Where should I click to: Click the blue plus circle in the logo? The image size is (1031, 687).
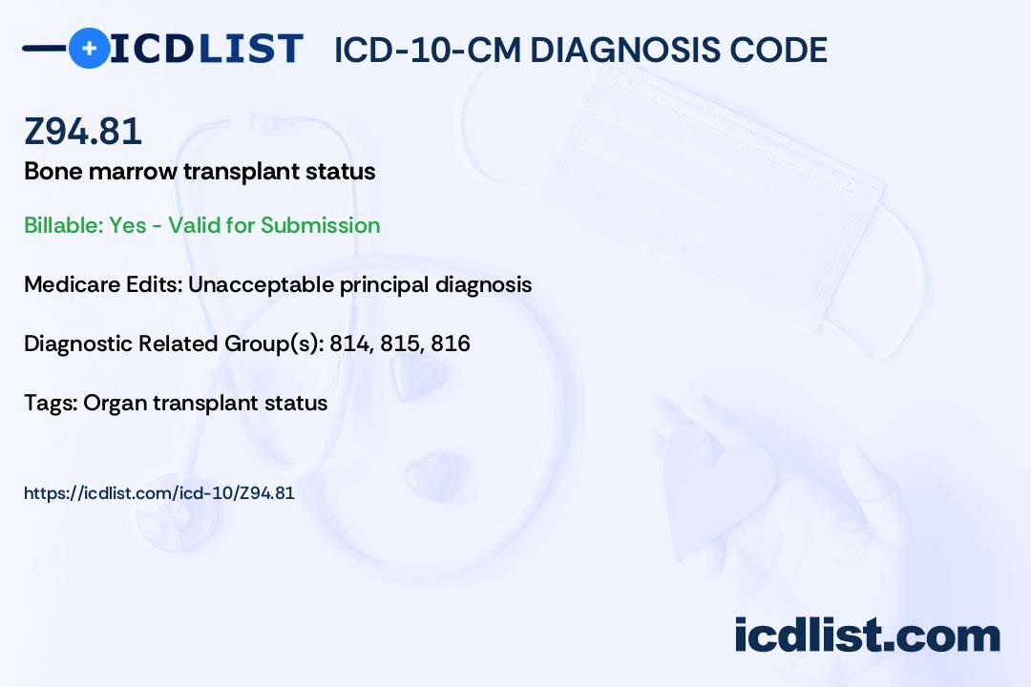coord(90,48)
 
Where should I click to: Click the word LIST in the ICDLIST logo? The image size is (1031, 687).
coord(250,49)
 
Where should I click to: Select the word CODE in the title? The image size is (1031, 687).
coord(779,50)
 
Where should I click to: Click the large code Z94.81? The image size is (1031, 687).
coord(83,131)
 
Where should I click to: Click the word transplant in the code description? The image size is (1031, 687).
coord(242,172)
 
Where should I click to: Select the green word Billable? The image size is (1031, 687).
coord(63,225)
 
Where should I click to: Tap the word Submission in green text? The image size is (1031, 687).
coord(320,225)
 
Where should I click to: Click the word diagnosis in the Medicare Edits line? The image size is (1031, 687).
coord(483,284)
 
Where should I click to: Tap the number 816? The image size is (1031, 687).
coord(451,343)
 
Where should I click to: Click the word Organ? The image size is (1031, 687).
coord(116,404)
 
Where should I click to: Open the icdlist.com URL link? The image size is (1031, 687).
coord(159,493)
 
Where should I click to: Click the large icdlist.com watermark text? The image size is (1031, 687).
coord(867,635)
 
